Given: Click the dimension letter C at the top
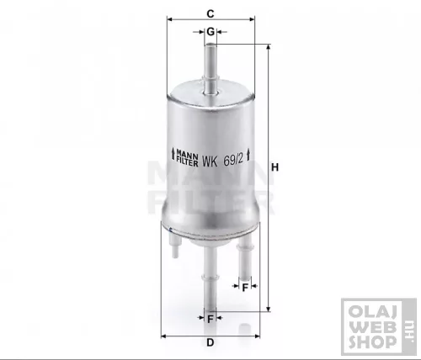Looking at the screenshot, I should tap(210, 12).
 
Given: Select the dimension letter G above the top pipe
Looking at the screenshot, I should tap(210, 31).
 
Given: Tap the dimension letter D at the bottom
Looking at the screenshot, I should tap(210, 342).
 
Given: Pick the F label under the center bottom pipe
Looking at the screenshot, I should tap(210, 319).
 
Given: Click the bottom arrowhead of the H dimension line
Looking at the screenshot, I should tap(268, 309).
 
